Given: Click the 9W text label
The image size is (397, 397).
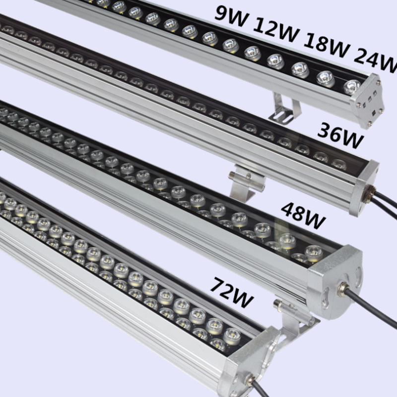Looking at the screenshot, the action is tap(230, 16).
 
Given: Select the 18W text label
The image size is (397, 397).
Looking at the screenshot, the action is tap(327, 45).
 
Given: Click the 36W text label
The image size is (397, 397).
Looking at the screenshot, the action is tap(340, 135).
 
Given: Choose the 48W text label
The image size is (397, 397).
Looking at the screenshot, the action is tap(303, 215).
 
